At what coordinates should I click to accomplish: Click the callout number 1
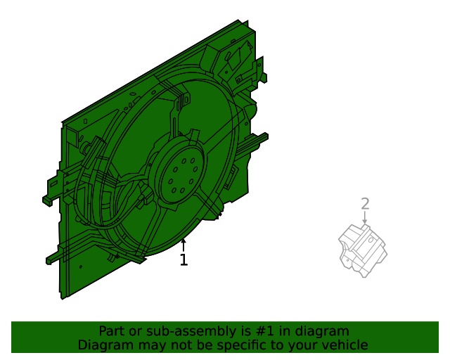click(184, 260)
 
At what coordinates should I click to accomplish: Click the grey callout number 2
click(365, 204)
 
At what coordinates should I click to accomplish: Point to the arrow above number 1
click(184, 245)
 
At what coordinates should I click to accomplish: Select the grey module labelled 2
click(363, 250)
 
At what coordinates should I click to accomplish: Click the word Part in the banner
click(111, 331)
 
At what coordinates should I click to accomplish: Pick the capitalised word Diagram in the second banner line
click(103, 345)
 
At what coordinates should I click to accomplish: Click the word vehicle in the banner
click(343, 345)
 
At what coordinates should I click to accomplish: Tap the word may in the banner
click(146, 345)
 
